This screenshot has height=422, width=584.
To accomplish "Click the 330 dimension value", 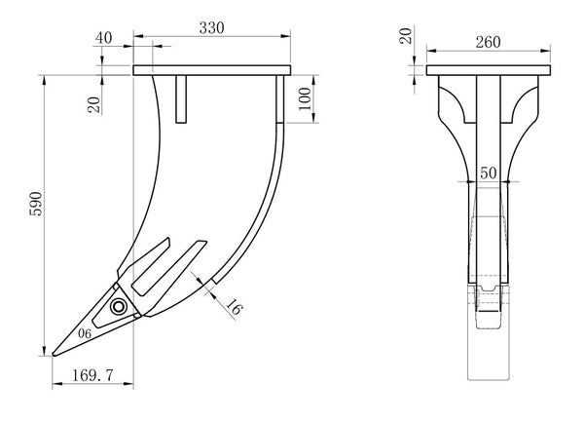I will [x=212, y=27].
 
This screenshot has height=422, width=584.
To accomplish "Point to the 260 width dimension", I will [x=489, y=42].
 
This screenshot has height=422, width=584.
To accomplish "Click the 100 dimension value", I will [x=305, y=99].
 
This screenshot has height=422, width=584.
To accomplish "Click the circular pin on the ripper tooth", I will [x=119, y=308].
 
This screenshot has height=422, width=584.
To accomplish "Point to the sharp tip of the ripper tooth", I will [x=55, y=354].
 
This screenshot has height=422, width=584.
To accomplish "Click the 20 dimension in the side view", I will [x=94, y=102].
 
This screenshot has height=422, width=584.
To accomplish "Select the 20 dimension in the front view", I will [x=405, y=38].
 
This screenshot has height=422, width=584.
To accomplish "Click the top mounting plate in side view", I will [x=212, y=70].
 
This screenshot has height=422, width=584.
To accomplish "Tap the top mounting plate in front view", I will [x=489, y=70].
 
